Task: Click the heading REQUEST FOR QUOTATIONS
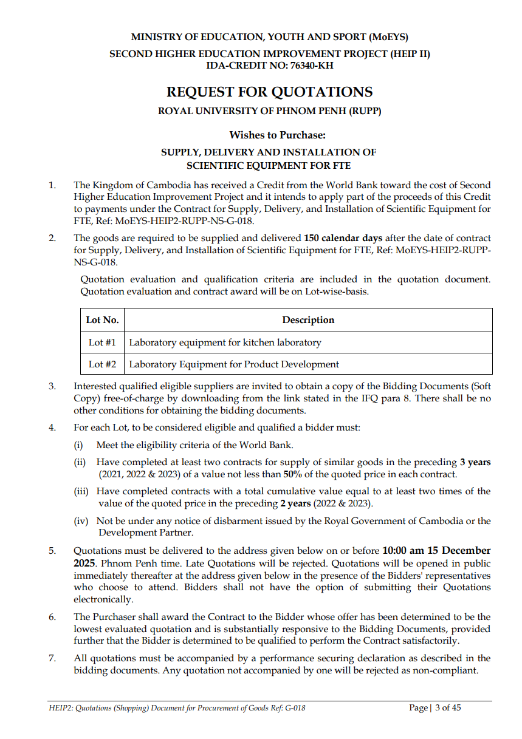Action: [x=269, y=92]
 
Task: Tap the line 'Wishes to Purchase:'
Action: [x=277, y=135]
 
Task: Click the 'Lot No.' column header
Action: [x=102, y=320]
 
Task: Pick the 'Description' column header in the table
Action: [x=308, y=320]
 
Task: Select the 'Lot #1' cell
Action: [x=102, y=342]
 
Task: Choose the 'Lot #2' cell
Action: [x=102, y=364]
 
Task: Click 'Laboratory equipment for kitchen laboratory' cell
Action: [x=225, y=342]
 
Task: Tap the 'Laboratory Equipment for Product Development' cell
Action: [x=234, y=364]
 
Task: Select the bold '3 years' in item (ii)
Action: [x=475, y=462]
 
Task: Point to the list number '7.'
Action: [x=52, y=658]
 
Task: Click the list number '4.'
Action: [x=52, y=427]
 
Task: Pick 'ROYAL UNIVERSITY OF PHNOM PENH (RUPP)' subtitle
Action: [x=269, y=111]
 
